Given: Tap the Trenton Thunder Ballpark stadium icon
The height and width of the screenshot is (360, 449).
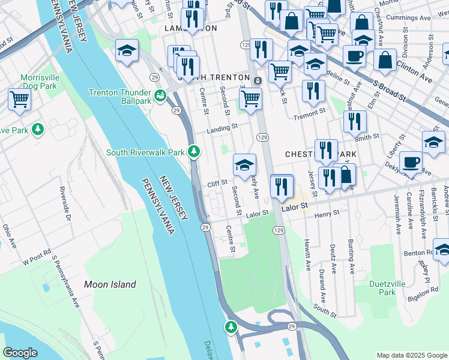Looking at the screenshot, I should point(160,95).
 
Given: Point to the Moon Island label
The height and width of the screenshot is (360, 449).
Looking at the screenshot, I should point(110,284).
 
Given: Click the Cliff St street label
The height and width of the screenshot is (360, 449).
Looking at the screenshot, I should point(217,182).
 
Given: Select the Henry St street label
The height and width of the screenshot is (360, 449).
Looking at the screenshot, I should point(327,213).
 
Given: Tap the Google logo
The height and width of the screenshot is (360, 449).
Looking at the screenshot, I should point(21,352).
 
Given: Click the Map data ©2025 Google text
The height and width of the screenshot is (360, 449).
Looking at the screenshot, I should point(411,355).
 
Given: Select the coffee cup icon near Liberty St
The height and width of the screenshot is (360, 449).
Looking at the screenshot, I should point(411,161).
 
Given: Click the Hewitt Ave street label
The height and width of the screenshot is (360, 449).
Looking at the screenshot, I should point(307,256).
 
